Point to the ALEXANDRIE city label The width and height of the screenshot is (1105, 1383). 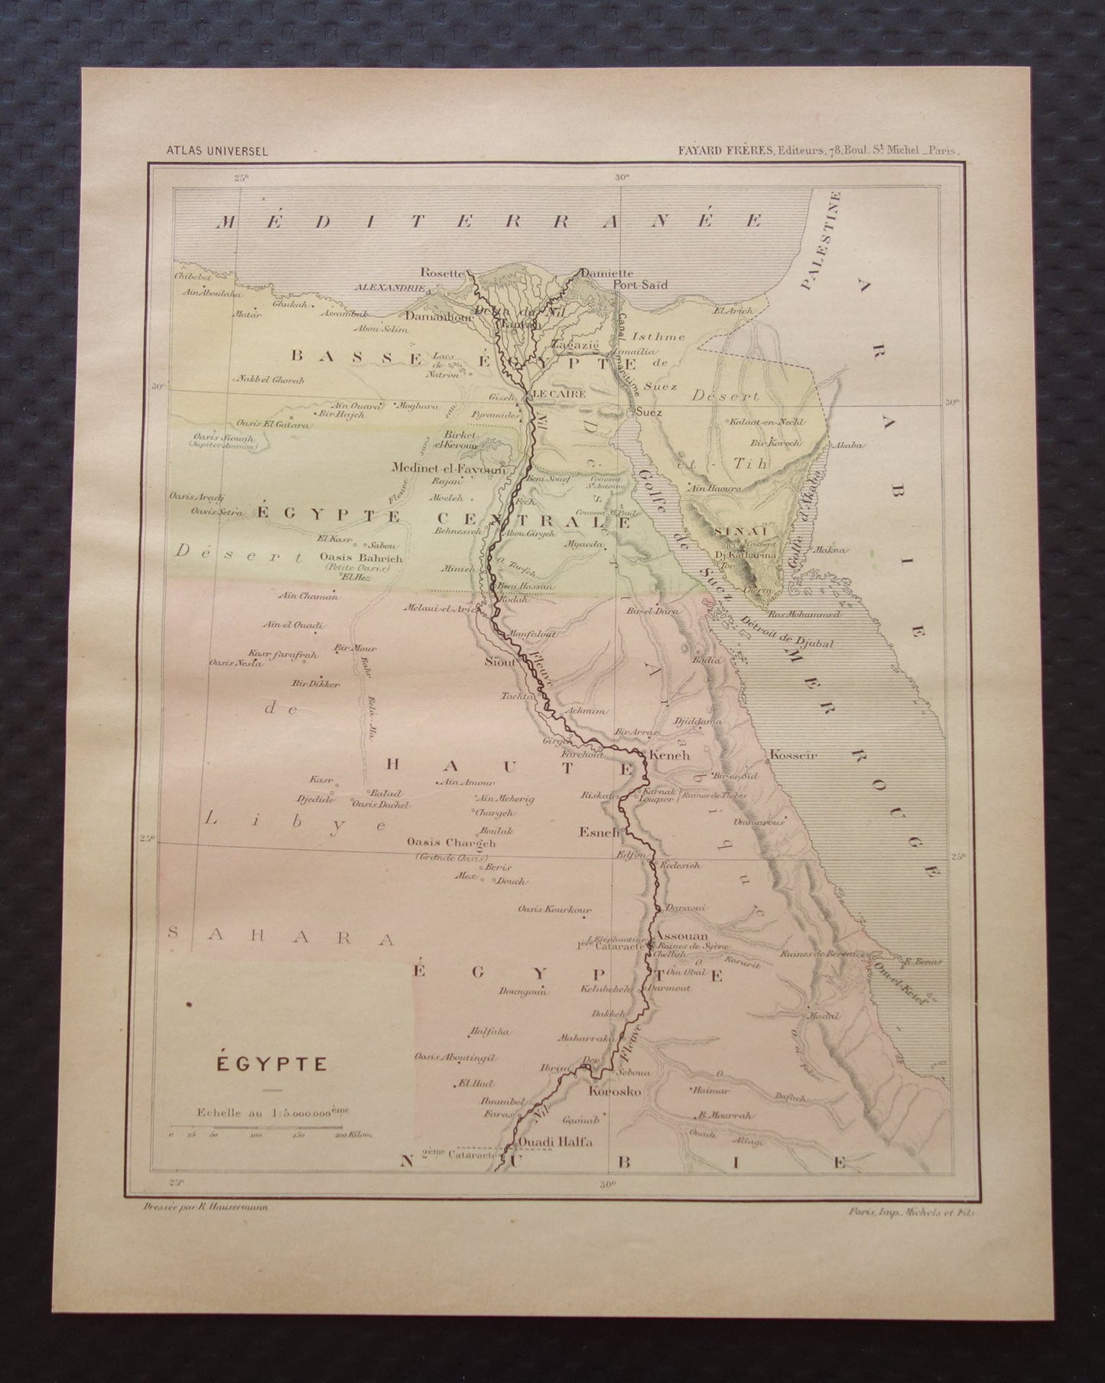point(387,289)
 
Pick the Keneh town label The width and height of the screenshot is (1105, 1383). point(670,754)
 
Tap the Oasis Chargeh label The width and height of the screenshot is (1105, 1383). point(452,843)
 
